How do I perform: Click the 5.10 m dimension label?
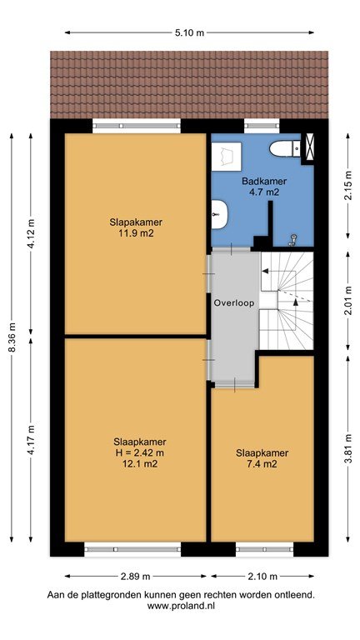(189, 33)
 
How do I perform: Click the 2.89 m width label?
(136, 577)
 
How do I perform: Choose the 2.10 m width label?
(262, 577)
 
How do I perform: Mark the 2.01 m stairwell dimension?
(347, 300)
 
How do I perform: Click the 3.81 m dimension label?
(347, 447)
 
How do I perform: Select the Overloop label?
(234, 303)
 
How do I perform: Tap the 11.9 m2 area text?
(136, 233)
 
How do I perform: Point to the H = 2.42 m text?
(140, 452)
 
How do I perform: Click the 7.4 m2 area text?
(262, 463)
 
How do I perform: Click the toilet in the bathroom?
(285, 148)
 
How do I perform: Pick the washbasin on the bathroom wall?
(220, 213)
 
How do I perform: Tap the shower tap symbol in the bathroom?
(293, 240)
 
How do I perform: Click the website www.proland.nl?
(180, 606)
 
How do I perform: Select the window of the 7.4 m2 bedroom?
(264, 549)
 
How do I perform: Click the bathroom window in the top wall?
(262, 126)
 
